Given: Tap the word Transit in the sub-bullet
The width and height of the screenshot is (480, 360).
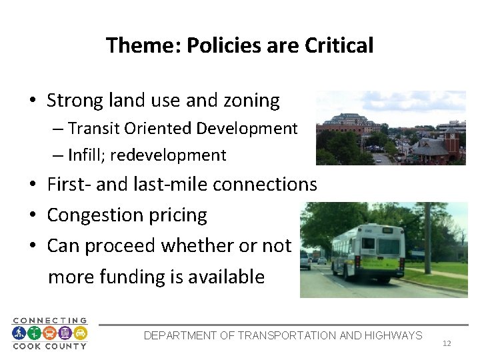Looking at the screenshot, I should (x=92, y=128).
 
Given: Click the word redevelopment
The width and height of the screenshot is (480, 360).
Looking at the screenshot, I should (x=169, y=155).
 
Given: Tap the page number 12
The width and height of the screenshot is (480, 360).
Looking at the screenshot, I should (x=447, y=343).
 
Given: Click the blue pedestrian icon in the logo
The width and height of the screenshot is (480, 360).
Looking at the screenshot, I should (x=20, y=333).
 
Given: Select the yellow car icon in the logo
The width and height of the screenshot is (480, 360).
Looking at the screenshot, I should (x=80, y=333).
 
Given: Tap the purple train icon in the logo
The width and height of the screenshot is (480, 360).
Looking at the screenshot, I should (x=65, y=333).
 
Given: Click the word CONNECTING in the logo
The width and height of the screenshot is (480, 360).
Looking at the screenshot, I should (x=50, y=321).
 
